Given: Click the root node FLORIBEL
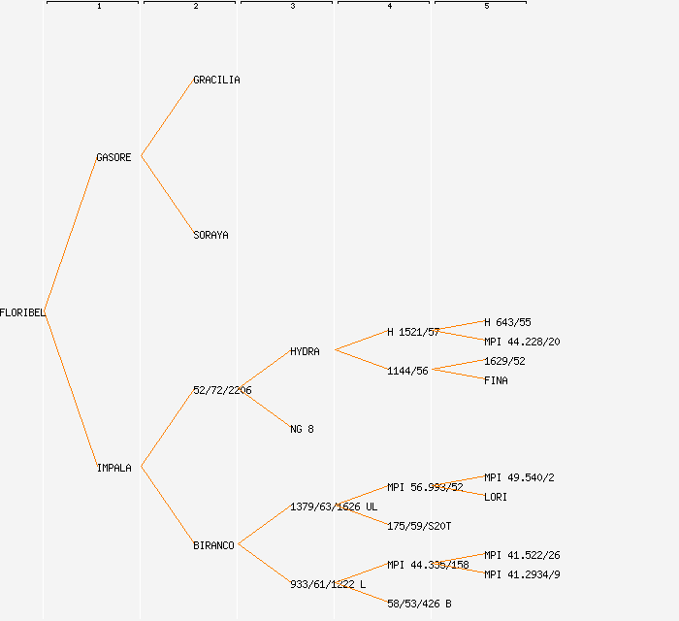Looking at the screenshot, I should point(22,312).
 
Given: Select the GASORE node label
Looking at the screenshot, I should point(113,157).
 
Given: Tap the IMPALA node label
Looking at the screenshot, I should point(113,468).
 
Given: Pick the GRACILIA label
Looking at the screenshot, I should point(216,80).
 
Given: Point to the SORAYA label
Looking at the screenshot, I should point(210,235).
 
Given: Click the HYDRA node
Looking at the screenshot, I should point(305,351).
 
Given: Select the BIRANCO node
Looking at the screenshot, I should point(213,545).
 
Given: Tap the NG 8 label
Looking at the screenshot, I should point(302,429).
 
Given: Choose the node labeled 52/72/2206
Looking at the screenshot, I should point(222,390).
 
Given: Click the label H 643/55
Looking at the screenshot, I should point(507,322).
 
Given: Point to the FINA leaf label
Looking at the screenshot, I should point(496,380).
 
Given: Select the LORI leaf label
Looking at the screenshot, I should point(496,497).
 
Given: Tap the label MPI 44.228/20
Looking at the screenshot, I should point(522,342).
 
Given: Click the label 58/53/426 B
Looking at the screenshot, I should point(419,604).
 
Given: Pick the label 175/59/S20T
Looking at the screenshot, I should point(419,526).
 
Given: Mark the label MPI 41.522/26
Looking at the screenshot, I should point(522,555).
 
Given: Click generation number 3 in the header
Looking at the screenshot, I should point(292,7).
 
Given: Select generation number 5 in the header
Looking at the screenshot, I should point(486,7).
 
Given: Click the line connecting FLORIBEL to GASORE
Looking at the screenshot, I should point(71,235).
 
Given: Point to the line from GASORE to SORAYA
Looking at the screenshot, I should point(167,195).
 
